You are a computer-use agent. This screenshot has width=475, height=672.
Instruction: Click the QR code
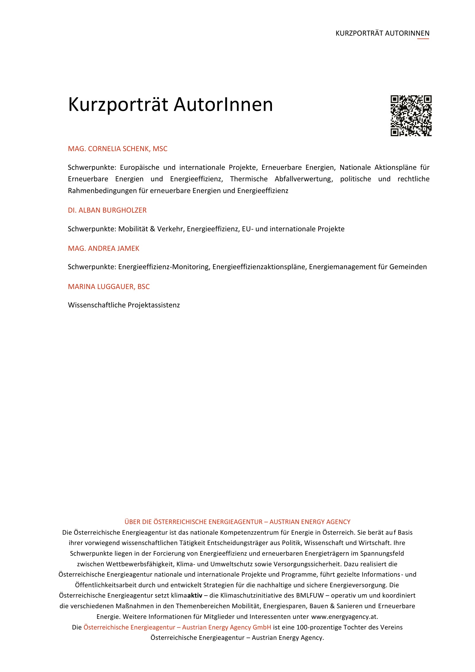coord(411,115)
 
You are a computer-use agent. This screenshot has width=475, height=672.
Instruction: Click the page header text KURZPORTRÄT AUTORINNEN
coord(382,33)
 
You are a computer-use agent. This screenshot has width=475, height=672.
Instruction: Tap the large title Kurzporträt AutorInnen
coord(170,105)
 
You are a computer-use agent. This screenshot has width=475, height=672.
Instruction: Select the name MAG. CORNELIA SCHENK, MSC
coord(117,149)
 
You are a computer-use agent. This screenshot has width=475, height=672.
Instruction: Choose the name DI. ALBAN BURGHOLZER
coord(107,210)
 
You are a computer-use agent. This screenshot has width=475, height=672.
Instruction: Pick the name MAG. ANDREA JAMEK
coord(104,248)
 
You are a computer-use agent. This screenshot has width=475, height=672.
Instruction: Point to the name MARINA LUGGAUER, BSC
coord(109,286)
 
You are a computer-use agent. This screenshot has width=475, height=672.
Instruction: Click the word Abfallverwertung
coord(304,179)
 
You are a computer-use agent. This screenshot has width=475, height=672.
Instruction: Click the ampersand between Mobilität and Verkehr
coord(152,229)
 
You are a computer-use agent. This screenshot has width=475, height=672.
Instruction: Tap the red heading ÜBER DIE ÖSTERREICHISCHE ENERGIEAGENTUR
coord(193,521)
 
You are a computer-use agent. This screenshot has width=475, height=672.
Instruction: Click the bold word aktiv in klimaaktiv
coord(195,595)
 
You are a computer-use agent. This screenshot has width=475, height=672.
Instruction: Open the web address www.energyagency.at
coord(344,616)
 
